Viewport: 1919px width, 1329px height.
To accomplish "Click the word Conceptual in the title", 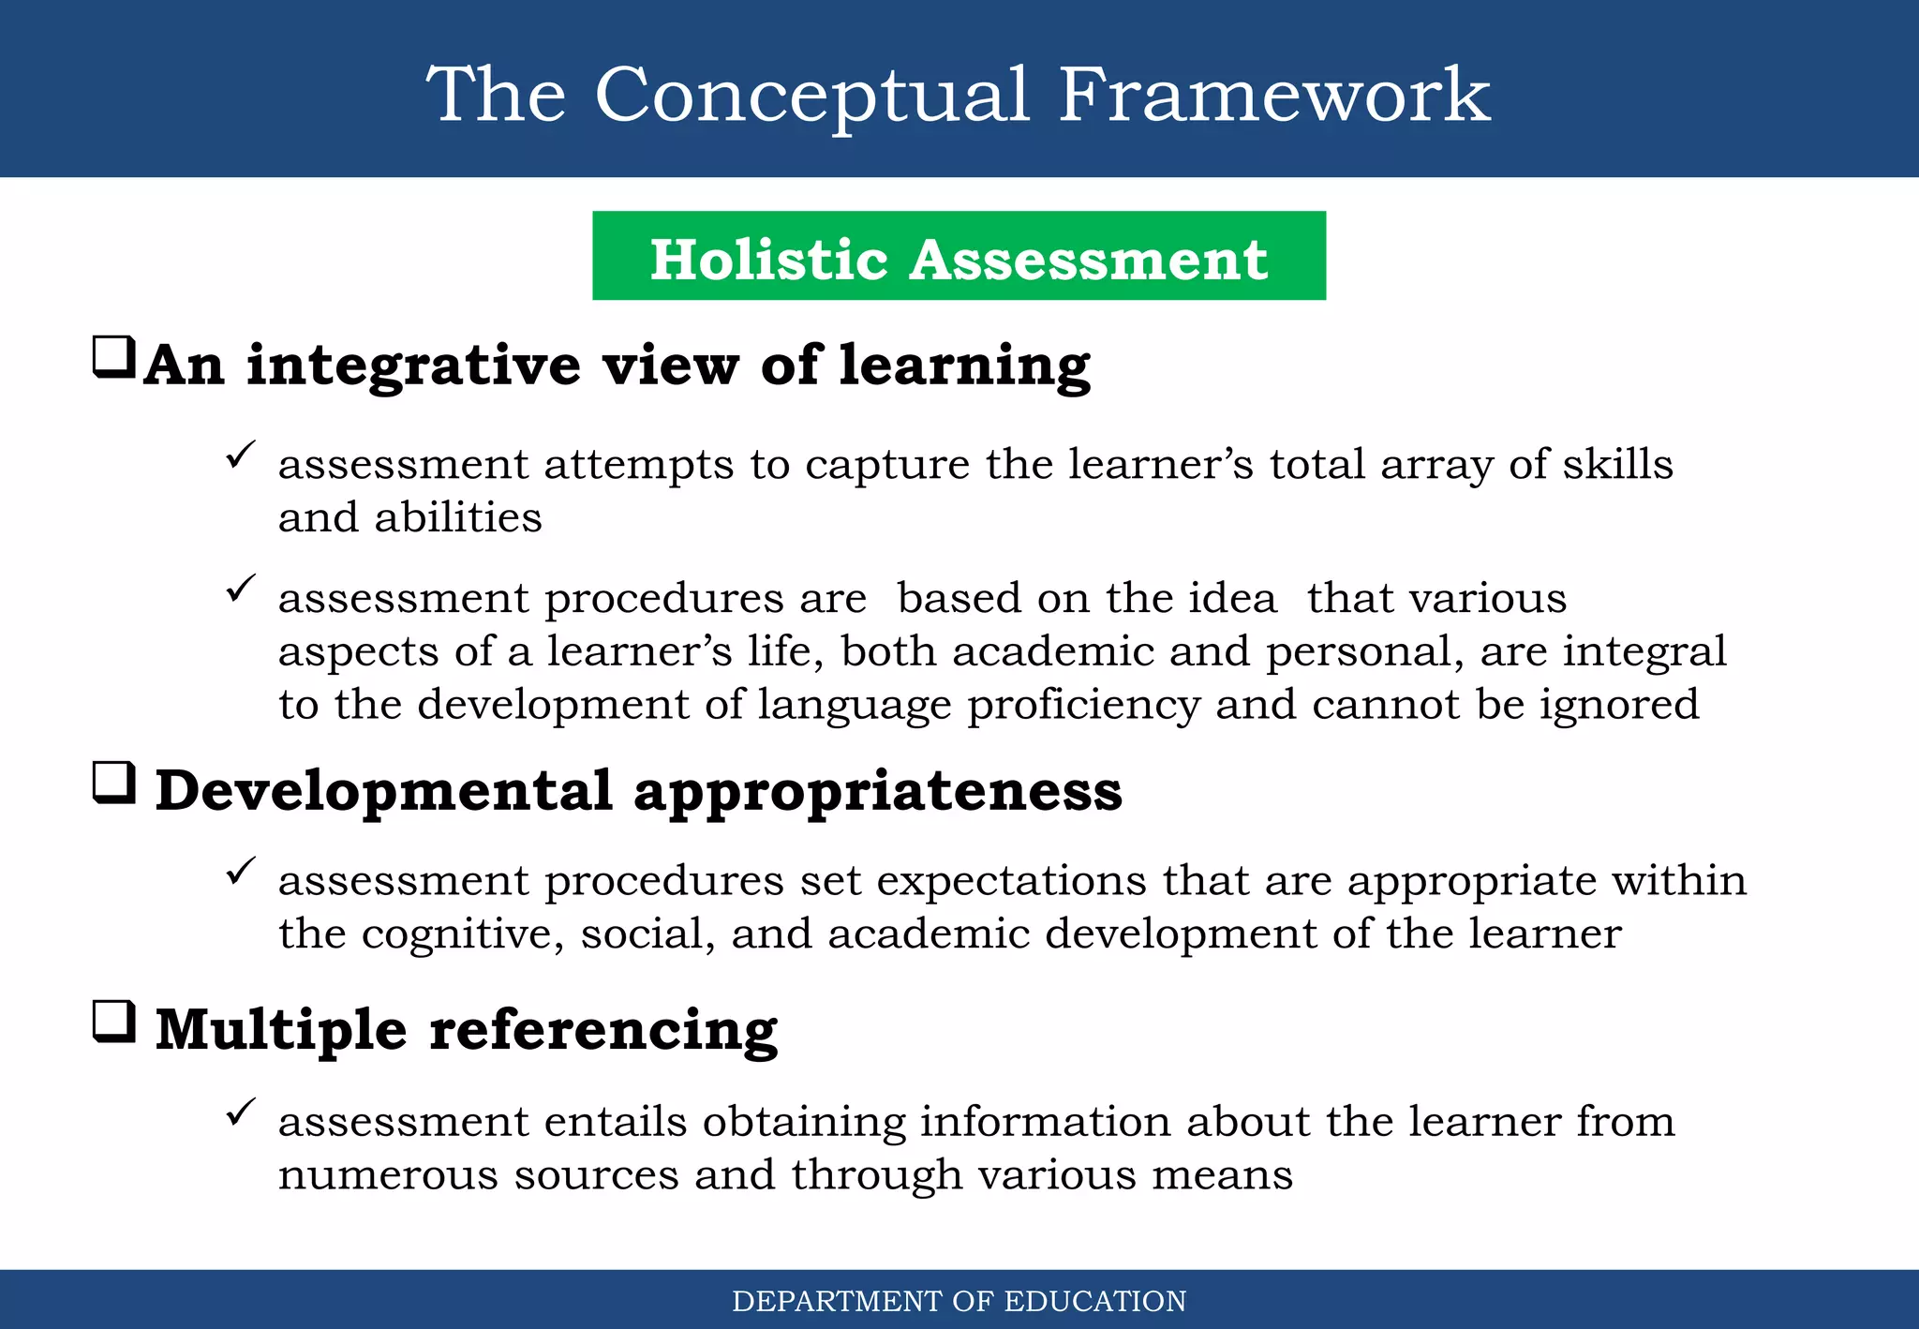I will [811, 96].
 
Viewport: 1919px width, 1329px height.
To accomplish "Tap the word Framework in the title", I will [1273, 96].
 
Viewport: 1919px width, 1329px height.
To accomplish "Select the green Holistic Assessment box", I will [959, 256].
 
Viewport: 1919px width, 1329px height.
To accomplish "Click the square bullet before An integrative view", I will [114, 358].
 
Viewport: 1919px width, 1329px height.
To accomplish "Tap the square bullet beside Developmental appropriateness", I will [114, 784].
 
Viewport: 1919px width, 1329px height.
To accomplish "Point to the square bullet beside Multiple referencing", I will [114, 1023].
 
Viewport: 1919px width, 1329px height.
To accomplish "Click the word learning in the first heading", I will [964, 366].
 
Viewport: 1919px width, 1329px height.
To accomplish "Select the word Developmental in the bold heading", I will [383, 790].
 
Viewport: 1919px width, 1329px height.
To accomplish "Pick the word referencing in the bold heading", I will [603, 1029].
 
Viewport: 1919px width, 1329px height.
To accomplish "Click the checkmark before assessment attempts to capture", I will [241, 455].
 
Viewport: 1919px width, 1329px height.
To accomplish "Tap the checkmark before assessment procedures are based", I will [241, 590].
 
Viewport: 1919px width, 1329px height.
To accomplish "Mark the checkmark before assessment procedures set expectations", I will [241, 872].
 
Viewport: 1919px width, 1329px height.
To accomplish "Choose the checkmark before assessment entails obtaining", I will [241, 1112].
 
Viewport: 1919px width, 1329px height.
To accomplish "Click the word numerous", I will [388, 1174].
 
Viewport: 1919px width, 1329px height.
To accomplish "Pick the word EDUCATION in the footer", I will [1094, 1301].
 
